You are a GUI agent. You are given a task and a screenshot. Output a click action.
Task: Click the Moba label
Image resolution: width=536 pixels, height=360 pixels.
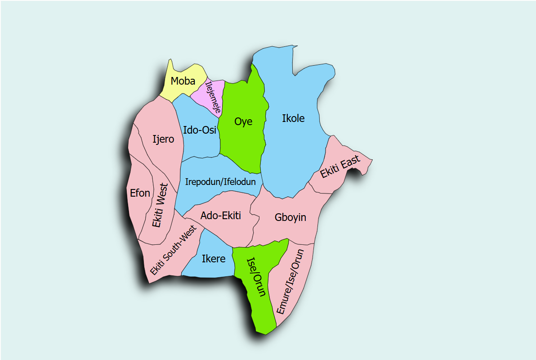pyautogui.click(x=183, y=81)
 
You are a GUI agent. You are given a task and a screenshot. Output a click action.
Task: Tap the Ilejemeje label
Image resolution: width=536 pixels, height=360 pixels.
pyautogui.click(x=213, y=96)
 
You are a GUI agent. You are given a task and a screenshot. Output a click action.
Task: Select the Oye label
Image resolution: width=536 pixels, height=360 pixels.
pyautogui.click(x=243, y=121)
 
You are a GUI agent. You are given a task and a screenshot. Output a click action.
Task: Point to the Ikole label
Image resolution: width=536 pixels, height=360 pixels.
pyautogui.click(x=293, y=118)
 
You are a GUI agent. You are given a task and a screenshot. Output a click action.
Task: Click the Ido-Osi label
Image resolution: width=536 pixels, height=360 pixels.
pyautogui.click(x=200, y=130)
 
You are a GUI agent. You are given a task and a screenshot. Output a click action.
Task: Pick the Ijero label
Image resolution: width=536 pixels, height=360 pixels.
pyautogui.click(x=163, y=139)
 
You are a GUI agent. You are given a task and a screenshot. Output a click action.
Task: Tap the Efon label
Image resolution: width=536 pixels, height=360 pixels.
pyautogui.click(x=140, y=193)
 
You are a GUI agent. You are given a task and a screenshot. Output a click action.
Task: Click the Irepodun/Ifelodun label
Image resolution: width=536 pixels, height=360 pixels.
pyautogui.click(x=220, y=182)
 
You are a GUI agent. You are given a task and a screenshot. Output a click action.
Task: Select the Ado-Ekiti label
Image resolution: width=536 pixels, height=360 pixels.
pyautogui.click(x=221, y=216)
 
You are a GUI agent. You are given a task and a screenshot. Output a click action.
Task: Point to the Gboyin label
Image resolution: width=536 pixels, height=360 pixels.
pyautogui.click(x=290, y=217)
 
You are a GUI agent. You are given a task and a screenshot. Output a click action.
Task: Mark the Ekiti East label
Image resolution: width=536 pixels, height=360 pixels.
pyautogui.click(x=340, y=167)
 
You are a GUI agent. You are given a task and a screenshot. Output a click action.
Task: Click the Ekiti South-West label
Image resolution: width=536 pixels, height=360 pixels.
pyautogui.click(x=174, y=250)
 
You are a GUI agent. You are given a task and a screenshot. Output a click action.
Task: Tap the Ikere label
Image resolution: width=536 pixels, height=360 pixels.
pyautogui.click(x=214, y=259)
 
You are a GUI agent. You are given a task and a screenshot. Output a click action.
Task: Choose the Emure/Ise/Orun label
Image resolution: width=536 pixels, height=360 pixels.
pyautogui.click(x=290, y=281)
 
